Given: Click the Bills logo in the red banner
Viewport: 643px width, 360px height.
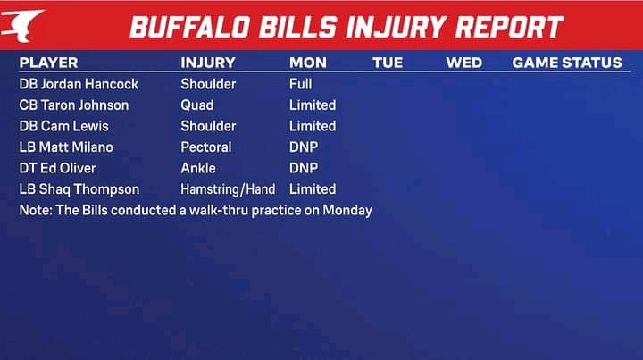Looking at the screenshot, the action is tap(21, 25).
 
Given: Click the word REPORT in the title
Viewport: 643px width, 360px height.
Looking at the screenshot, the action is tap(509, 28).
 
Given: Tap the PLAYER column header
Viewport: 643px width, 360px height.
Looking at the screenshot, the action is tap(48, 63).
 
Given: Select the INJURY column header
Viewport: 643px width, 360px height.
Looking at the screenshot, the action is tap(208, 63).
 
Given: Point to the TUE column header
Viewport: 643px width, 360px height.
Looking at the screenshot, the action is tap(388, 63).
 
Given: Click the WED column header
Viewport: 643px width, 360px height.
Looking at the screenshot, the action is tap(463, 63).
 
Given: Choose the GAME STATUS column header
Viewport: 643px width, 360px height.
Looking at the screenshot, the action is tap(567, 63).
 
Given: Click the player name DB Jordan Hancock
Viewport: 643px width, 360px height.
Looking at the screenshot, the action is tap(79, 84).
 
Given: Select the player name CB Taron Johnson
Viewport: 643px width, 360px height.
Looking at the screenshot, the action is tap(74, 105).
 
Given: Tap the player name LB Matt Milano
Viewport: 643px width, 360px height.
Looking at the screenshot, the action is tap(66, 147).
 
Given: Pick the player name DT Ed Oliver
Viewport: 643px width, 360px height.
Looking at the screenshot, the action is tap(57, 168).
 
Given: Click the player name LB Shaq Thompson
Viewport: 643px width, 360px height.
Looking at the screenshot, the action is tap(79, 189).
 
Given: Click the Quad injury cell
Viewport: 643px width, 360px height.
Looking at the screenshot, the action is tap(196, 105).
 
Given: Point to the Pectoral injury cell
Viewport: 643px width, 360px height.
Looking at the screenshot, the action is tap(206, 147).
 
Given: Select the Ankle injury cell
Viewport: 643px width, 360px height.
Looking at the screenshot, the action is tap(198, 168).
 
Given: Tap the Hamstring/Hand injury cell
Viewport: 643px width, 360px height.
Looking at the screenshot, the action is tap(228, 189).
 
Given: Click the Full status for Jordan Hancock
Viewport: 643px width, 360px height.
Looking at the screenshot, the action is tap(301, 84).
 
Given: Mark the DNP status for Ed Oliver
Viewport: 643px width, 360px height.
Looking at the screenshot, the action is tap(304, 168).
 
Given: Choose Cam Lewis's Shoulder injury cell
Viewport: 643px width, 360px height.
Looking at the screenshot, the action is tap(208, 126).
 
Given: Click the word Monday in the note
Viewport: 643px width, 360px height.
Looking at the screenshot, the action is tap(347, 210).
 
